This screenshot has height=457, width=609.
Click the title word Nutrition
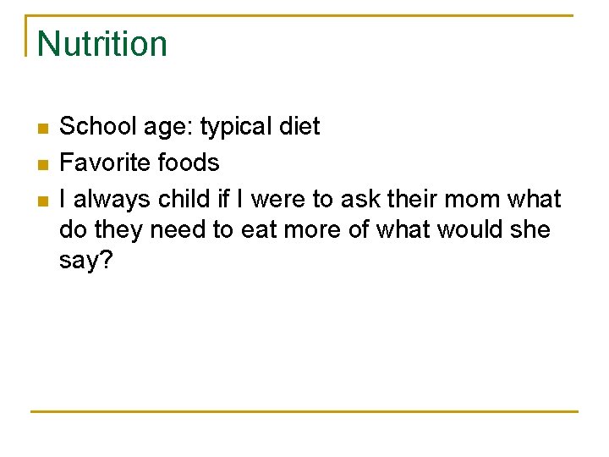102,44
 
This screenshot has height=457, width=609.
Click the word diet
299,127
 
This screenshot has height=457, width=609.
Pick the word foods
187,162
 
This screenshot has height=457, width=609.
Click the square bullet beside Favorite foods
42,164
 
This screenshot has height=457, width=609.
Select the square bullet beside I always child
42,201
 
